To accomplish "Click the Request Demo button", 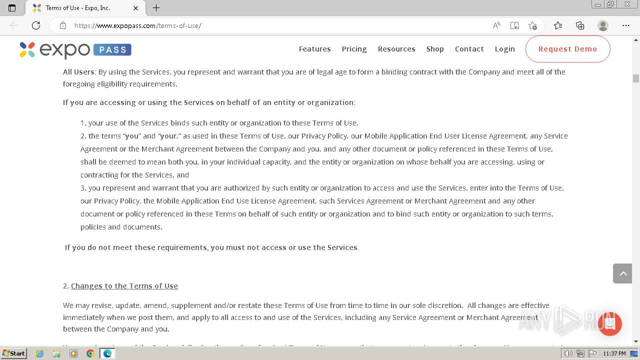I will [x=567, y=49].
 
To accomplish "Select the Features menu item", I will [x=314, y=49].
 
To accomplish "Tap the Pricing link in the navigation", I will [x=354, y=49].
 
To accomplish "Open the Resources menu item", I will [x=396, y=49].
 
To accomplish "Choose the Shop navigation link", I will [x=435, y=49].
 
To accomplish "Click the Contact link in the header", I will [x=469, y=49].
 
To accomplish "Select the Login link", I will [x=504, y=49].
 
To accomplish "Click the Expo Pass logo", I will [x=75, y=49].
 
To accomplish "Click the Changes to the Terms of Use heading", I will [x=124, y=286].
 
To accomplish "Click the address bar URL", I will [x=137, y=25].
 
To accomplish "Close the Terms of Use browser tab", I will [x=136, y=8].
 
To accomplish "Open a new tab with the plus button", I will [x=156, y=8].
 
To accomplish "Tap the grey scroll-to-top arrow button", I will [x=622, y=273].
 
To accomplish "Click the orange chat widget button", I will [x=609, y=323].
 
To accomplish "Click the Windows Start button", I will [x=13, y=353].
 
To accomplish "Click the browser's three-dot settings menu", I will [x=625, y=25].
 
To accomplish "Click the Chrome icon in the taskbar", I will [x=90, y=353].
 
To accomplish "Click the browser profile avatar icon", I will [x=603, y=25].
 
